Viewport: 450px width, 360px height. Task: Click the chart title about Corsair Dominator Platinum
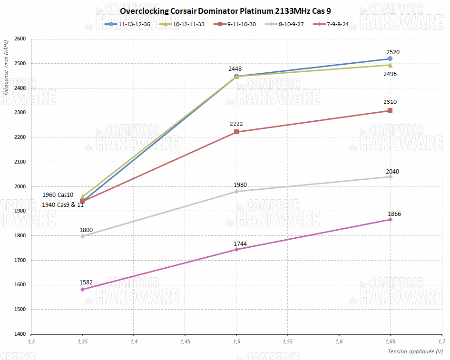[x=225, y=11]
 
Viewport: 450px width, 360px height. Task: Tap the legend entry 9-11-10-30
[x=236, y=24]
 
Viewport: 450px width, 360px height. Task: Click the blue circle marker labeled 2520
[x=390, y=59]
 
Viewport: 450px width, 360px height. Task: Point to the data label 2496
[x=390, y=74]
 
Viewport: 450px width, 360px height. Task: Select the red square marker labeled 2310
[x=390, y=110]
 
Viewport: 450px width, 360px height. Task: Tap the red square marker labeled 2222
[x=236, y=132]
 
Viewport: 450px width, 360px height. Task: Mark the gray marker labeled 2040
[x=390, y=177]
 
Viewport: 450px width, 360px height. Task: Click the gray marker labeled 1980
[x=236, y=192]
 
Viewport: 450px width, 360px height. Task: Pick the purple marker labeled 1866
[x=390, y=220]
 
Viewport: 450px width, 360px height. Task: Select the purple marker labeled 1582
[x=82, y=289]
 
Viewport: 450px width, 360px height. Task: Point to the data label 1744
[x=240, y=244]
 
